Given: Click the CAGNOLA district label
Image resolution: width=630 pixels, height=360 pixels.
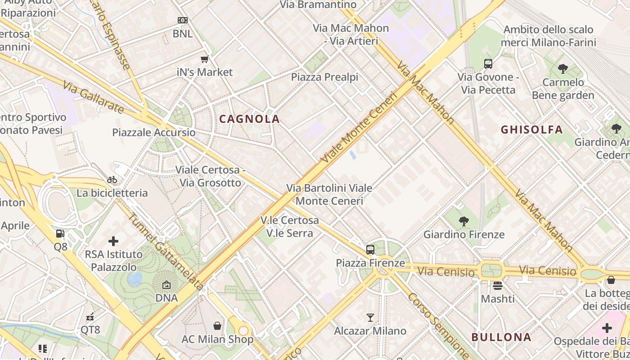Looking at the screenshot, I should click(249, 119).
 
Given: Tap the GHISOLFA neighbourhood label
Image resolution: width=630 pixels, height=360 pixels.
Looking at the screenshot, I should click(531, 130).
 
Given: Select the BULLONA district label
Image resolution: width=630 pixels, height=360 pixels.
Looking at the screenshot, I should click(501, 337).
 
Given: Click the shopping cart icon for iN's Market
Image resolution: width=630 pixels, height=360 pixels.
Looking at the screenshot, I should click(205, 59).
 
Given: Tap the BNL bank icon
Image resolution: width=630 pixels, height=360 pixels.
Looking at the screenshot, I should click(182, 20).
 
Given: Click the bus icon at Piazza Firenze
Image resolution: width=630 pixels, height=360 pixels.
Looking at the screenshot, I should click(370, 250).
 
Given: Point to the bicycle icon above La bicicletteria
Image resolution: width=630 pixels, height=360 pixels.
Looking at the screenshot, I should click(112, 180).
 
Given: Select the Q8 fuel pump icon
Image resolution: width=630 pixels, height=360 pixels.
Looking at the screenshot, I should click(60, 234).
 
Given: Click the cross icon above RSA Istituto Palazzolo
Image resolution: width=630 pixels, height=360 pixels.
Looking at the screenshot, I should click(113, 241).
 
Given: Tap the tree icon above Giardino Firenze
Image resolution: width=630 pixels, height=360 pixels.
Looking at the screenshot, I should click(463, 221).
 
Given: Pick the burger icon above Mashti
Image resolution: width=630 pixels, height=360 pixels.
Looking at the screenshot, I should click(497, 286).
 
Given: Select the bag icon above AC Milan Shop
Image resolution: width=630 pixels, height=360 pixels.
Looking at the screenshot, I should click(217, 326).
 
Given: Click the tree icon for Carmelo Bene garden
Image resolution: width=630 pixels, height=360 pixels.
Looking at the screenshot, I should click(562, 69).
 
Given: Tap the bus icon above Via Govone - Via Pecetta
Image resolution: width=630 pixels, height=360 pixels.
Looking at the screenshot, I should click(488, 64).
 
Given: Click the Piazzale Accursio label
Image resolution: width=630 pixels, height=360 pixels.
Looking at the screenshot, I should click(154, 132).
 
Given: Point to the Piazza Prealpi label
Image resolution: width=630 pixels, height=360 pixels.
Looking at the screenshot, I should click(324, 77).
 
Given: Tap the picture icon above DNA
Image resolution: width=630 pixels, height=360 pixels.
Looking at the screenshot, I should click(166, 285).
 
